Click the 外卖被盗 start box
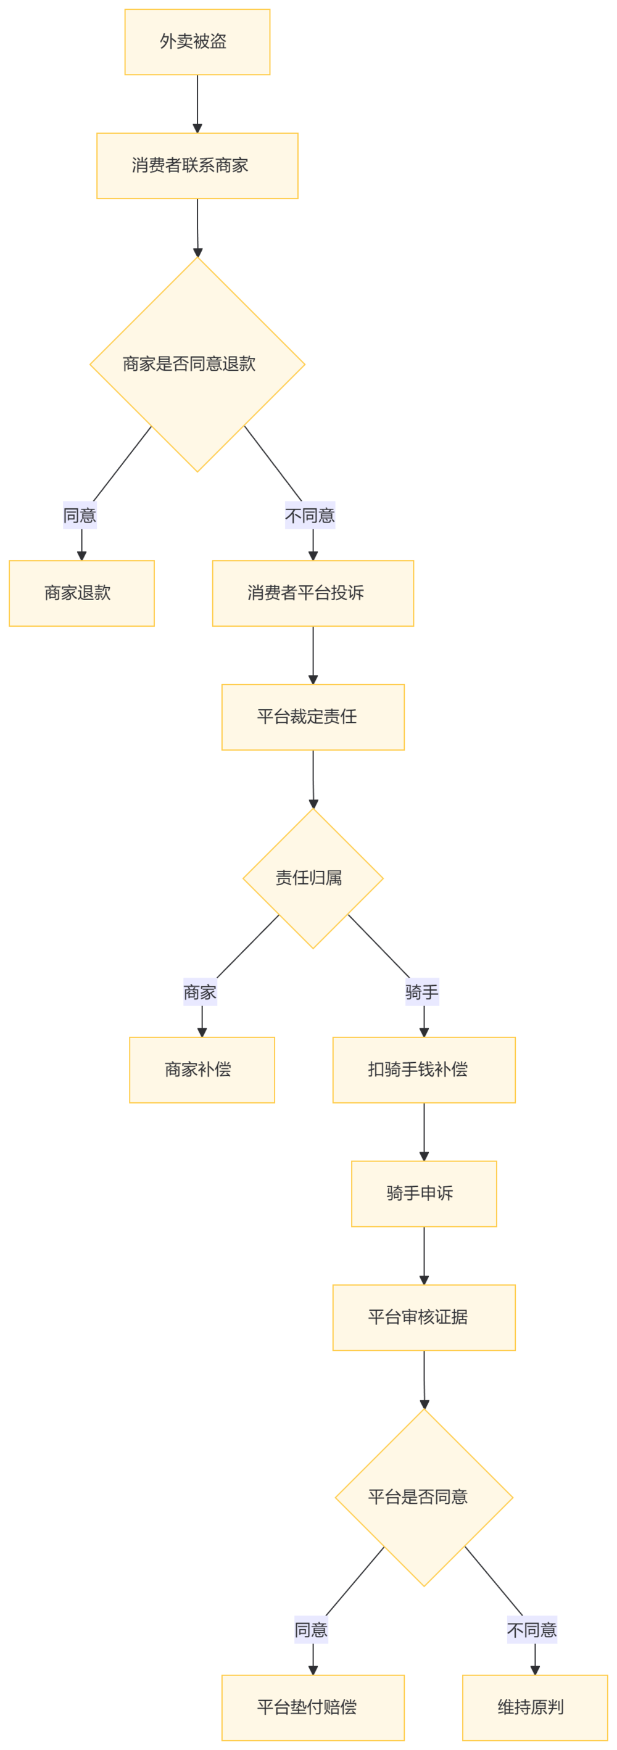point(197,42)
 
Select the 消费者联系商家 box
point(197,166)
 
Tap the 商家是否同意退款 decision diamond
point(197,365)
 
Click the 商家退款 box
point(81,593)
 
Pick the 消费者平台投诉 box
point(313,593)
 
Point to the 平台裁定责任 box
point(313,717)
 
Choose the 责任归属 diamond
point(313,878)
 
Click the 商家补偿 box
point(202,1069)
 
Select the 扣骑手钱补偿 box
point(423,1069)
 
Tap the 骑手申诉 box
point(423,1194)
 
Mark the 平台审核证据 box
point(423,1317)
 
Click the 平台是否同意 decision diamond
point(423,1497)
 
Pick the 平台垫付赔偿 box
point(313,1707)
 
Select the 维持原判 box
point(534,1707)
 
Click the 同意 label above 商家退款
point(80,516)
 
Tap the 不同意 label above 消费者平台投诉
point(310,516)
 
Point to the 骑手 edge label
point(422,992)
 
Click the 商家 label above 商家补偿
point(200,992)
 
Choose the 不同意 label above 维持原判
point(532,1630)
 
